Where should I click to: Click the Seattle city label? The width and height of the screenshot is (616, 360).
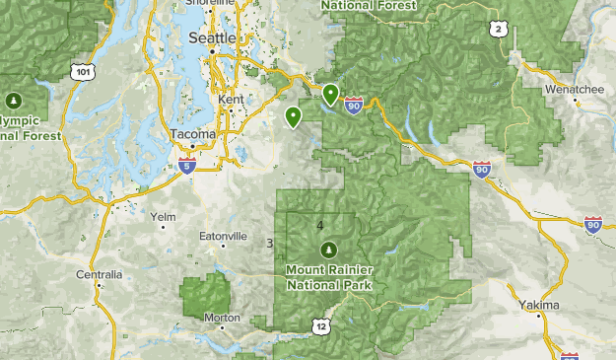(212, 37)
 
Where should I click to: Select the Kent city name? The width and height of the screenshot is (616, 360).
(233, 101)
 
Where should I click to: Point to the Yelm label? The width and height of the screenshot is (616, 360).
(163, 216)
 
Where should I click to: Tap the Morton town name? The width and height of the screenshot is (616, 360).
(222, 318)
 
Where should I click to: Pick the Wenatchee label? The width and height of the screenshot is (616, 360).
(574, 89)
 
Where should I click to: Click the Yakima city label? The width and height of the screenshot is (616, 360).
(539, 306)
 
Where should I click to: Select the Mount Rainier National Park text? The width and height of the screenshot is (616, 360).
(327, 276)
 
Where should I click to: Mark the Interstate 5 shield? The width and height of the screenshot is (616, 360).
(186, 164)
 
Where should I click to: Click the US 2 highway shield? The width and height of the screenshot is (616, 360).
(499, 31)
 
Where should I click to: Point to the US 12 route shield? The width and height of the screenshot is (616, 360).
(321, 325)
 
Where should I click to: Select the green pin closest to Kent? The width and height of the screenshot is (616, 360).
(293, 117)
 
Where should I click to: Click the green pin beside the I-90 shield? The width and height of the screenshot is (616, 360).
(330, 94)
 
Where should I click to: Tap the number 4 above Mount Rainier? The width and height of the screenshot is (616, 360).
(320, 225)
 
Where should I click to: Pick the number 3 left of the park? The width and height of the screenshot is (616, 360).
(269, 243)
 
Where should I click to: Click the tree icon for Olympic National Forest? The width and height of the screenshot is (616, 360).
(13, 101)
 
